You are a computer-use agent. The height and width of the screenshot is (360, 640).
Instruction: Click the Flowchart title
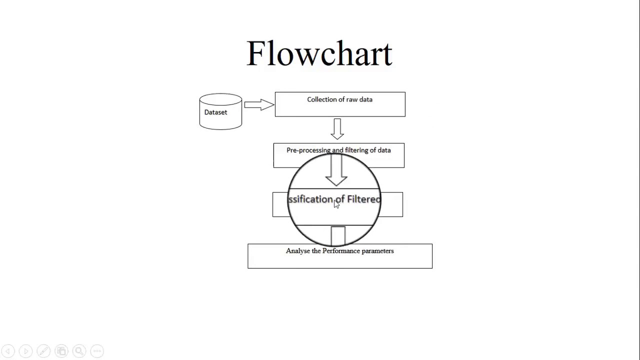(x=319, y=53)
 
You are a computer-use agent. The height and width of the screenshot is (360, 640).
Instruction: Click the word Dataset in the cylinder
(x=215, y=112)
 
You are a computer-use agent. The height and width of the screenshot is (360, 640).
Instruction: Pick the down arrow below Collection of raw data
(x=337, y=128)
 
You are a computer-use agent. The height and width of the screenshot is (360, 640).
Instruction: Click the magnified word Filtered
(x=363, y=199)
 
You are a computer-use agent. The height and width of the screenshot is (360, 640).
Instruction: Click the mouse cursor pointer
(x=336, y=204)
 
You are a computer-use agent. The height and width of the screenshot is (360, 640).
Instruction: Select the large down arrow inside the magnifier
(x=336, y=170)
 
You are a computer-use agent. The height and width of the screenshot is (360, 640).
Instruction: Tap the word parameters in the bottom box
(x=378, y=251)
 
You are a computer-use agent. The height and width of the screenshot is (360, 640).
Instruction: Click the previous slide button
(x=8, y=351)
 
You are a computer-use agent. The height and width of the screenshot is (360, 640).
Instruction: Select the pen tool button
(x=43, y=351)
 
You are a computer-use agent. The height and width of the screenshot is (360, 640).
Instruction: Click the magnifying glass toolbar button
(x=79, y=351)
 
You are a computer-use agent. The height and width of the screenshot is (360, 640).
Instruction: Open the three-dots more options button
(x=97, y=351)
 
